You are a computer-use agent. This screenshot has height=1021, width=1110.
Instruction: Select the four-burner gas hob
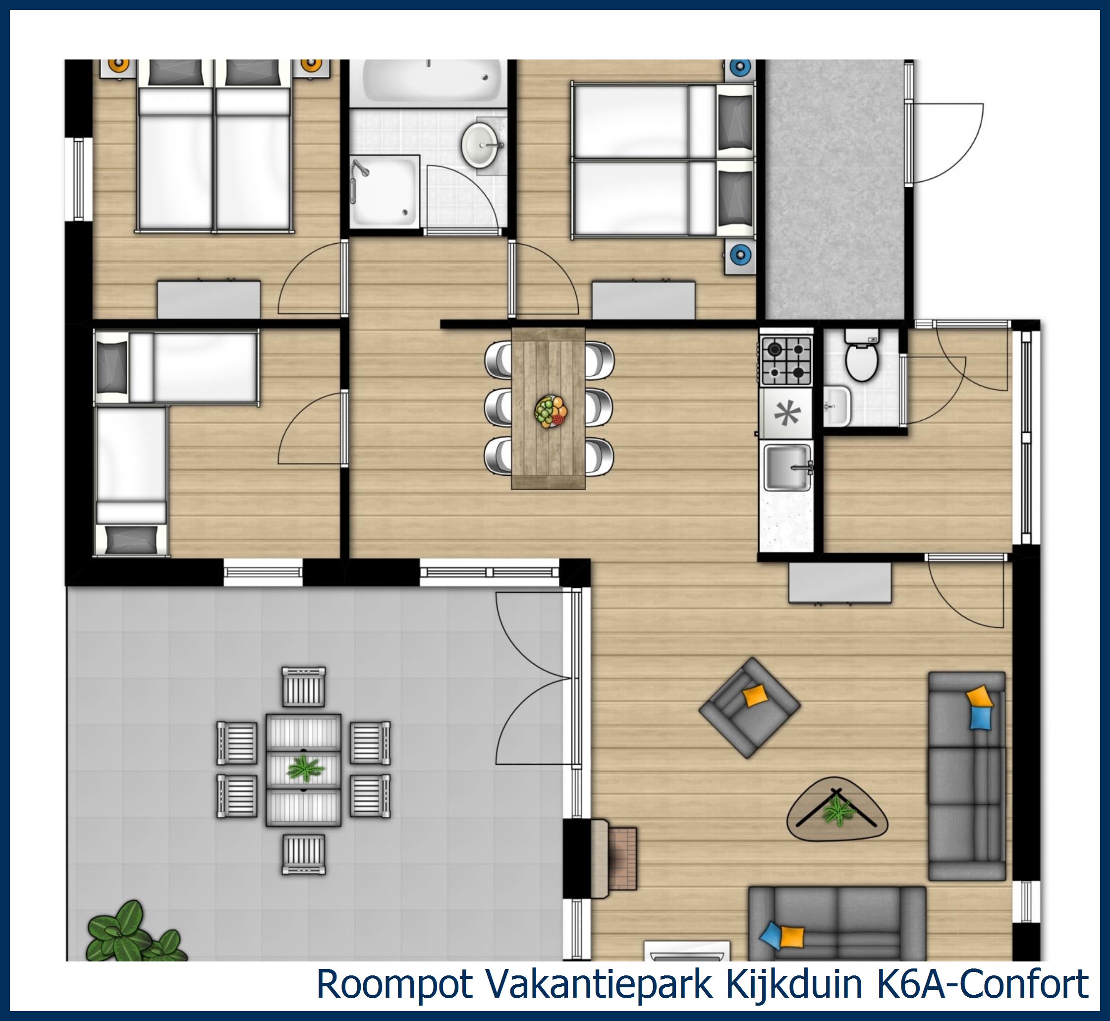[x=786, y=361]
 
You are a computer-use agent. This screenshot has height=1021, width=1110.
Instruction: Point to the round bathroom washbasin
[x=479, y=145]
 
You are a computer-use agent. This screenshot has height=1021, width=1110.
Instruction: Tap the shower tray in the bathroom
[x=385, y=192]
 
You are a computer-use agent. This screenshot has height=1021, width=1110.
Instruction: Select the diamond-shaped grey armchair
[x=749, y=707]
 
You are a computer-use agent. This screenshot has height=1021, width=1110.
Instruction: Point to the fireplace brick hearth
[x=623, y=858]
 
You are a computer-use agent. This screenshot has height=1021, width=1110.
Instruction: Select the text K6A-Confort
[x=983, y=984]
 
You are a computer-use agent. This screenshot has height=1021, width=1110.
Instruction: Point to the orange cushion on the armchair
[x=754, y=695]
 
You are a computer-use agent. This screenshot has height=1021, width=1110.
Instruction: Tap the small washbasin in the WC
[x=836, y=406]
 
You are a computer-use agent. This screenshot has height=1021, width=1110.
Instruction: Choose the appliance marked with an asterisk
[x=786, y=413]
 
